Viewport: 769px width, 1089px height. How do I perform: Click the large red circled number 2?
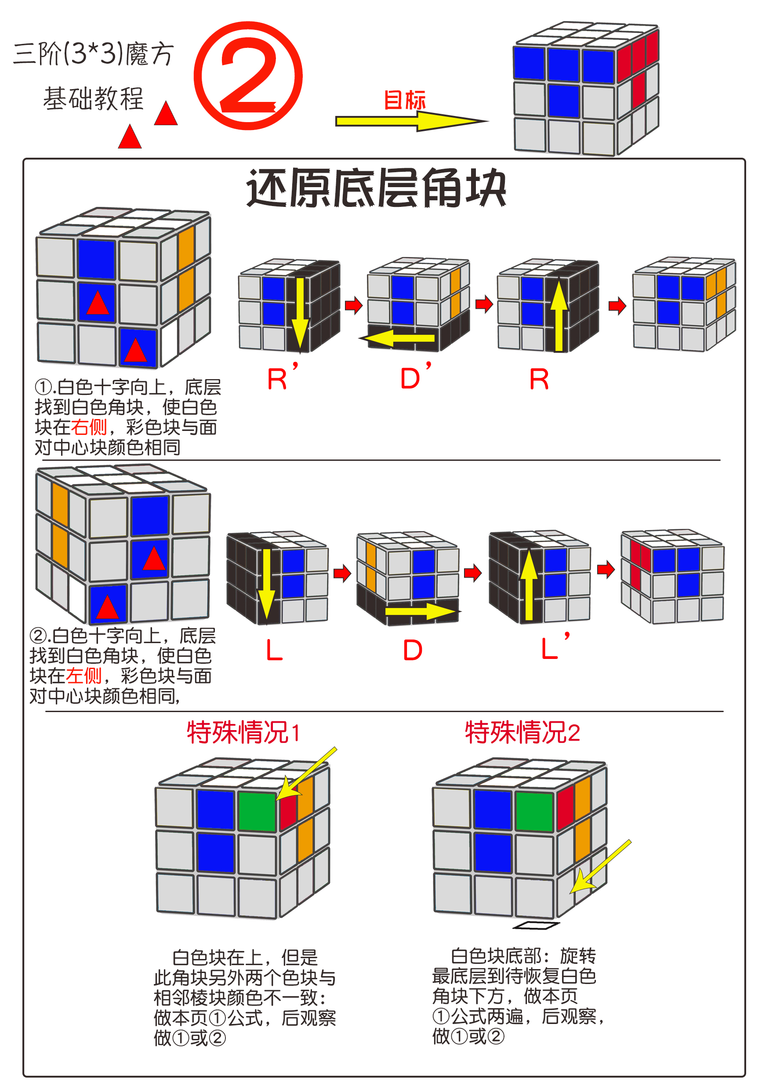pos(248,76)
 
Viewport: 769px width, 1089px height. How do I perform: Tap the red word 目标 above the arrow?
pos(404,100)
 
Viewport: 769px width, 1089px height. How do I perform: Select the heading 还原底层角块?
pos(376,188)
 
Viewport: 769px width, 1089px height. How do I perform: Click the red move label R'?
pos(282,377)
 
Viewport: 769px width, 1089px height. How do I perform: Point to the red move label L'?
pos(554,648)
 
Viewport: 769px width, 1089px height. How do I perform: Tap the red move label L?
pos(274,650)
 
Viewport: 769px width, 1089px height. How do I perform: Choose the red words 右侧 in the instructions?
pos(89,427)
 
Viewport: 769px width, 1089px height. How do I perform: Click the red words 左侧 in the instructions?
pos(83,675)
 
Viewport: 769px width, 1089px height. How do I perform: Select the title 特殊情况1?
pos(243,732)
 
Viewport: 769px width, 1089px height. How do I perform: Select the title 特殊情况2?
pos(522,732)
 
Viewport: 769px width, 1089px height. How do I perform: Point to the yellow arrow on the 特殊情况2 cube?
pos(600,867)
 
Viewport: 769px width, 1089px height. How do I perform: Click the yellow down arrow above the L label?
pos(267,583)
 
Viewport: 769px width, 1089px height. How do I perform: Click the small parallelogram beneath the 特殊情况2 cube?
pos(536,925)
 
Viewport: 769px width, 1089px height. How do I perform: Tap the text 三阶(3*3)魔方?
pos(94,54)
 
